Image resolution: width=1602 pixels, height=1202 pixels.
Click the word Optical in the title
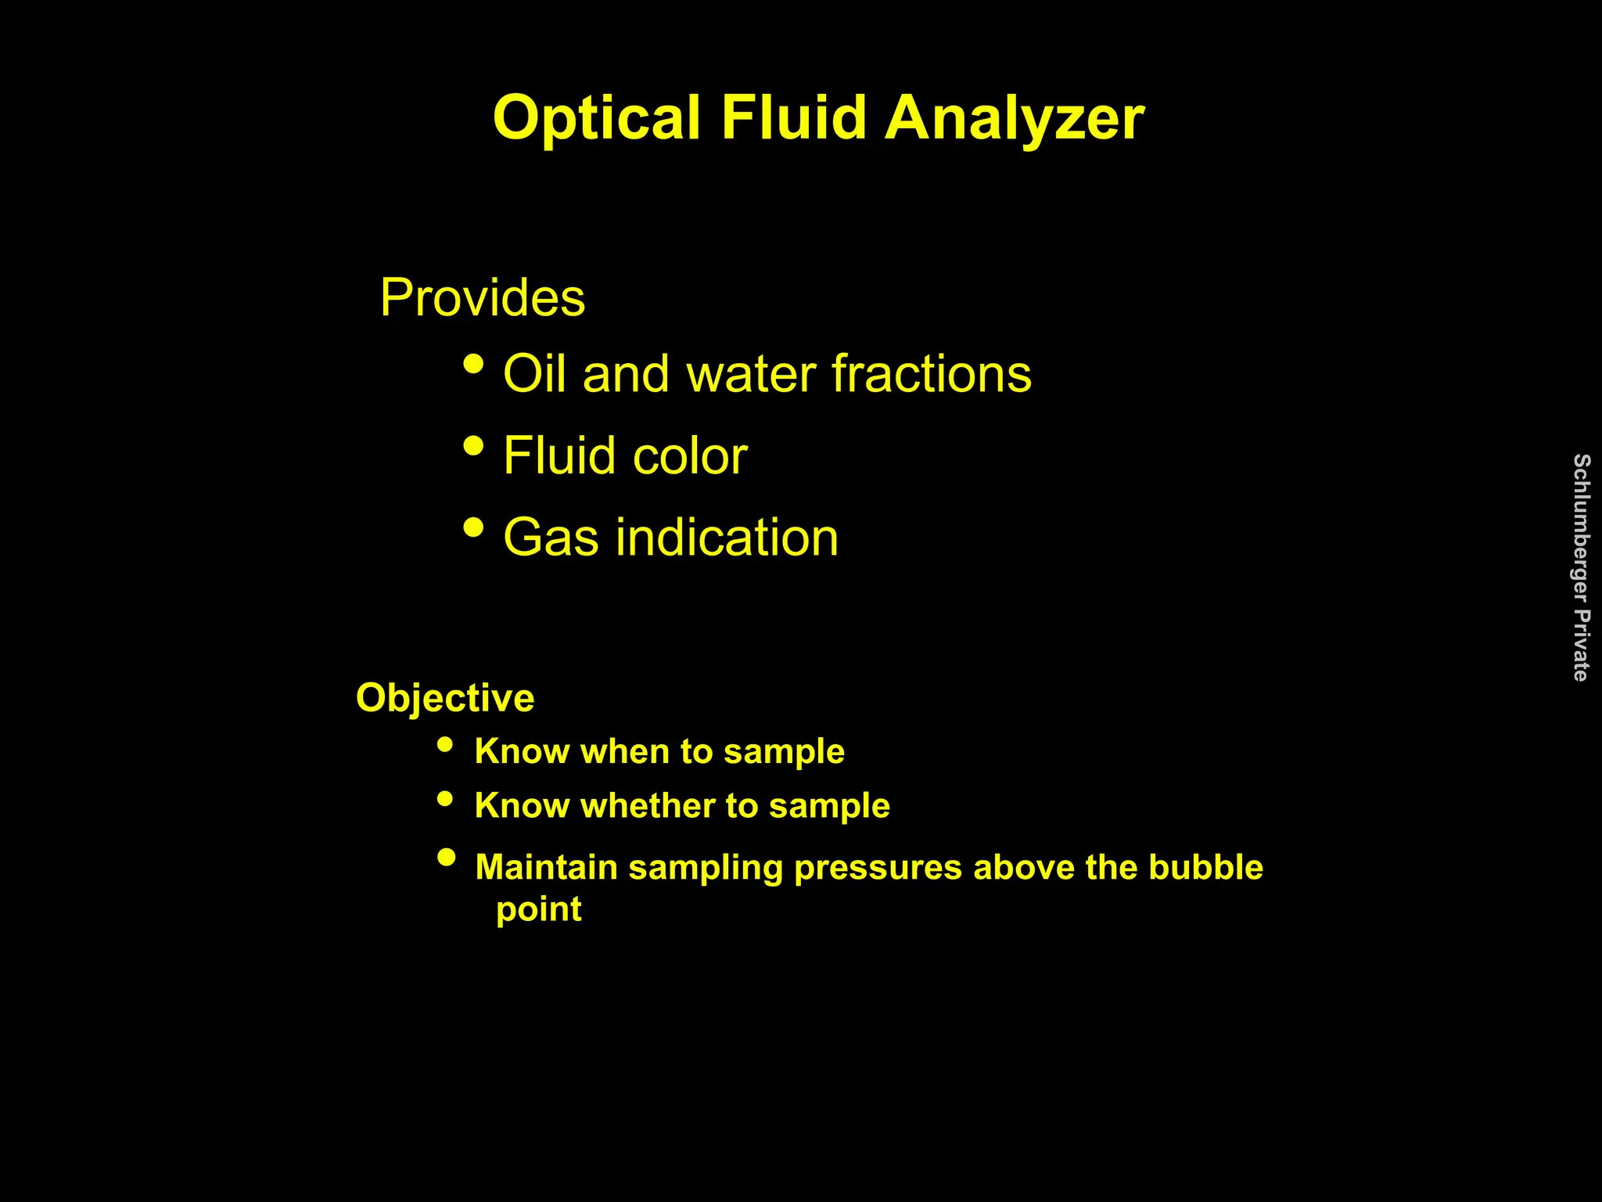596,119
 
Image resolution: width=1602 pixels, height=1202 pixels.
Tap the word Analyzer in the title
1015,119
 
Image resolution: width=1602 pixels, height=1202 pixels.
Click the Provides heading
482,297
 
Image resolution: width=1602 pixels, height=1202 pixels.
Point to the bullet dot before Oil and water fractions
473,364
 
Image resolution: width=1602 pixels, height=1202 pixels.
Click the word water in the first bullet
752,374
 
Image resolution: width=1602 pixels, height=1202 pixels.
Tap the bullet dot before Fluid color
473,446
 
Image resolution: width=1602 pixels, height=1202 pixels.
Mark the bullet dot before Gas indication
473,527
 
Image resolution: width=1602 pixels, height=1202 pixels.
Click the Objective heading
445,697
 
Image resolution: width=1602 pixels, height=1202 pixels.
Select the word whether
647,806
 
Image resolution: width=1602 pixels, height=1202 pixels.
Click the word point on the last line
539,909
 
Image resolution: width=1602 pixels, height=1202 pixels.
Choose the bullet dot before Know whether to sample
445,799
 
